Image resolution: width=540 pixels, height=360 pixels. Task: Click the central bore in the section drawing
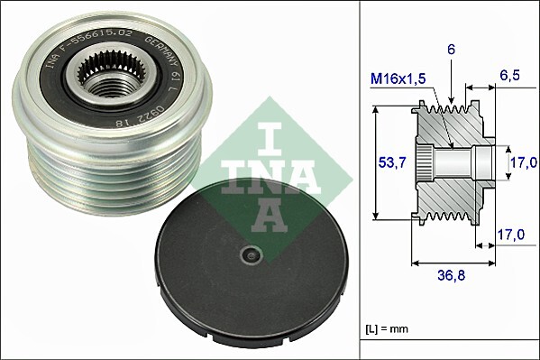point(460,163)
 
